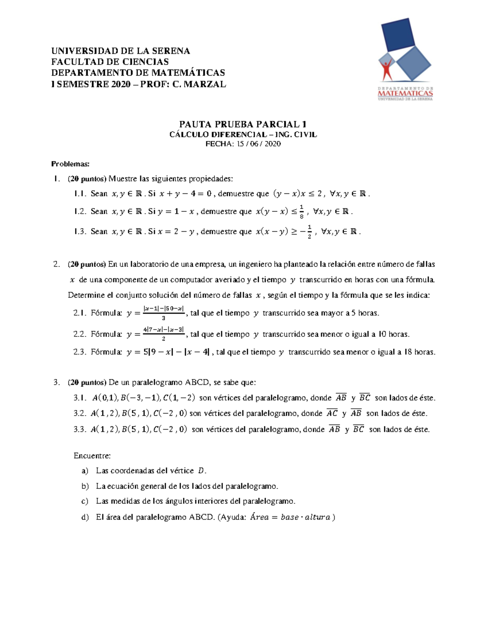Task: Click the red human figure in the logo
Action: click(x=386, y=69)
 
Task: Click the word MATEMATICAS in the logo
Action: click(x=405, y=93)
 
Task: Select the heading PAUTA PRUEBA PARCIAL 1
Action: click(x=243, y=124)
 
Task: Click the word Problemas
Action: click(x=70, y=164)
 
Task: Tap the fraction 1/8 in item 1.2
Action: click(x=301, y=212)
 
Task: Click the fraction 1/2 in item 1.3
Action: click(x=309, y=232)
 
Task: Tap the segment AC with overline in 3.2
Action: click(x=332, y=413)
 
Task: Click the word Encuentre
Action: click(x=92, y=455)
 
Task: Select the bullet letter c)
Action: click(x=85, y=501)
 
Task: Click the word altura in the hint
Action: click(x=317, y=517)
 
